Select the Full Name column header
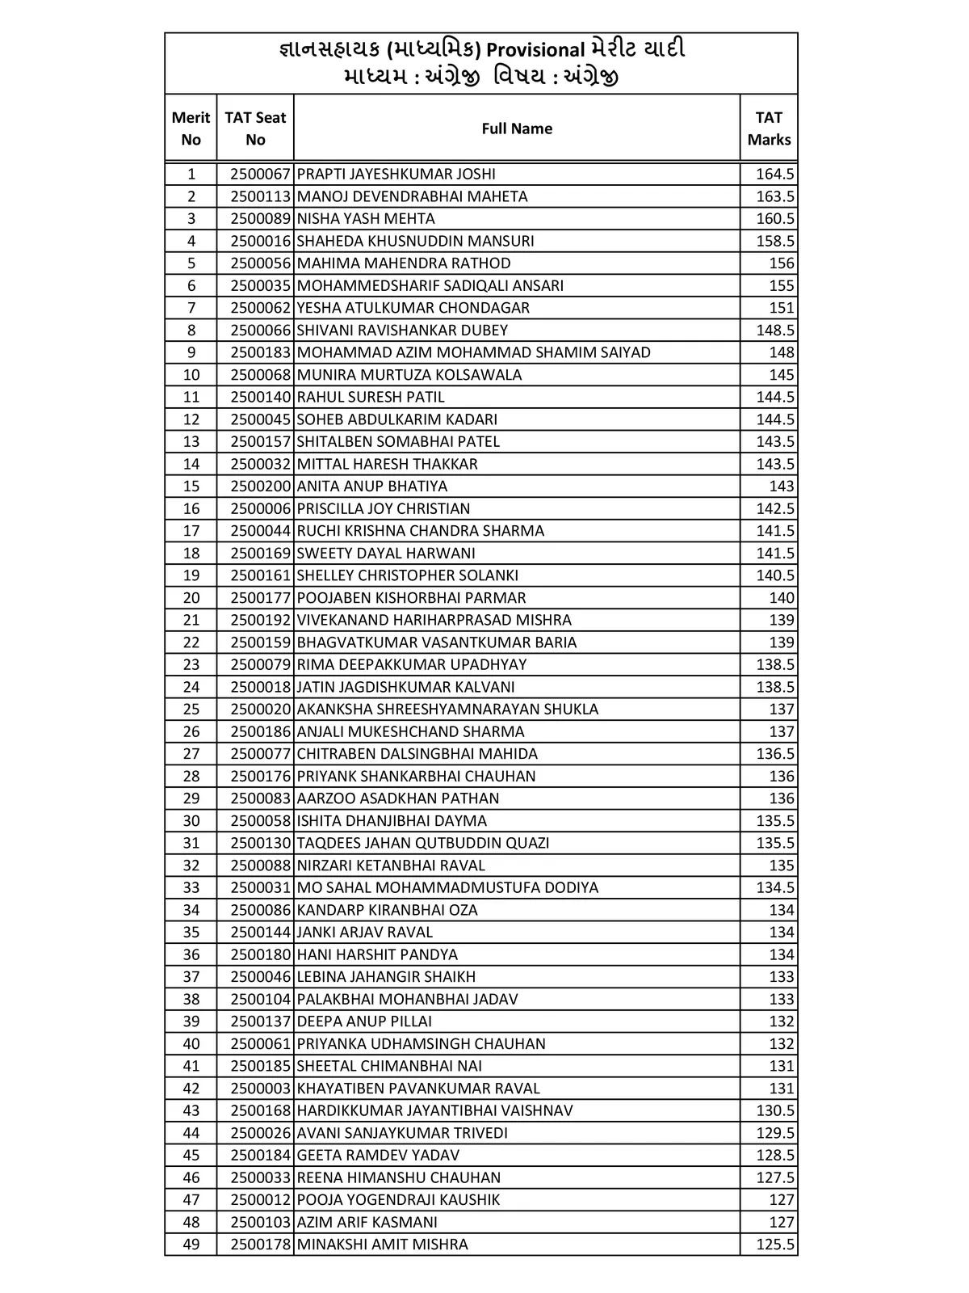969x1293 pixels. (517, 128)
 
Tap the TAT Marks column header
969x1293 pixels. (769, 128)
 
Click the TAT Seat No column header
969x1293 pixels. (255, 128)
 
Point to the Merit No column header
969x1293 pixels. (191, 128)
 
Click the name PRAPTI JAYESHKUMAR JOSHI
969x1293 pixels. (396, 174)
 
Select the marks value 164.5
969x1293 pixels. (774, 174)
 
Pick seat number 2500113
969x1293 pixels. (260, 196)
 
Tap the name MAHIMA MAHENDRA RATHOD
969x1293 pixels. (404, 263)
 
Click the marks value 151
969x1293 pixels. (782, 308)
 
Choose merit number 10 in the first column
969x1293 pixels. (191, 375)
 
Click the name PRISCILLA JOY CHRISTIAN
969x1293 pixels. (384, 508)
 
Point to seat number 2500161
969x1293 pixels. (260, 575)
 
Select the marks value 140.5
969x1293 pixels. (774, 575)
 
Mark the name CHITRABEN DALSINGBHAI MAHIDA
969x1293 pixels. (417, 754)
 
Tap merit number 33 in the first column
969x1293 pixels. (191, 887)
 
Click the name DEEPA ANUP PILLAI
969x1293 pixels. (364, 1021)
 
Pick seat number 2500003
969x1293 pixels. (260, 1089)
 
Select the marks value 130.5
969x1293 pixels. (774, 1110)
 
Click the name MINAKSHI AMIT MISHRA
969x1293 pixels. (382, 1245)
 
